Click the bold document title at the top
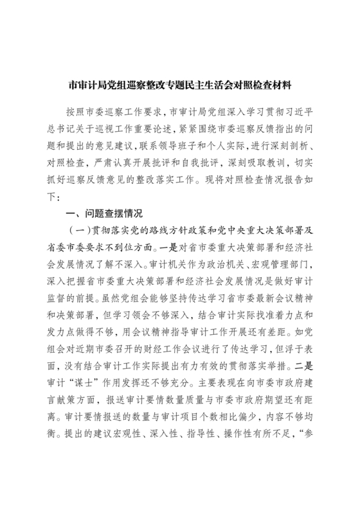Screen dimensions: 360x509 coord(179,84)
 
